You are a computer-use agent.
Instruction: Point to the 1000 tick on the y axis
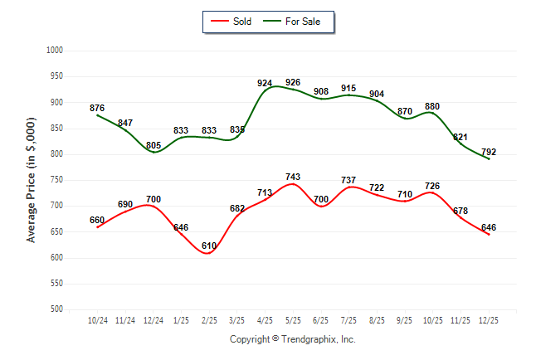pyautogui.click(x=56, y=51)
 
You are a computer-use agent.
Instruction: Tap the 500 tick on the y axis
pyautogui.click(x=58, y=309)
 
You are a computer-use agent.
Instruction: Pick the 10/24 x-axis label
pyautogui.click(x=97, y=320)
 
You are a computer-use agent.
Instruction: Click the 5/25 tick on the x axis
pyautogui.click(x=293, y=320)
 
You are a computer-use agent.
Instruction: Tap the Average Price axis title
pyautogui.click(x=32, y=180)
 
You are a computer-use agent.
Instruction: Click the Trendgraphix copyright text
pyautogui.click(x=292, y=339)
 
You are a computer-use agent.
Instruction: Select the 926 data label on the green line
pyautogui.click(x=293, y=83)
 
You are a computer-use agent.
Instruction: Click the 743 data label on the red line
pyautogui.click(x=293, y=178)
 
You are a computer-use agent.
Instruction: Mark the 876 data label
pyautogui.click(x=97, y=108)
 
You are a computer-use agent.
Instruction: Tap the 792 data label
pyautogui.click(x=489, y=152)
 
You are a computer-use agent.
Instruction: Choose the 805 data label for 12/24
pyautogui.click(x=153, y=145)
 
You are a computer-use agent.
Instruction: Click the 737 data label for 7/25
pyautogui.click(x=348, y=180)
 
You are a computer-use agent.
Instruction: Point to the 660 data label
pyautogui.click(x=97, y=220)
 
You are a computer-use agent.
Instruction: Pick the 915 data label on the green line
pyautogui.click(x=348, y=88)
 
